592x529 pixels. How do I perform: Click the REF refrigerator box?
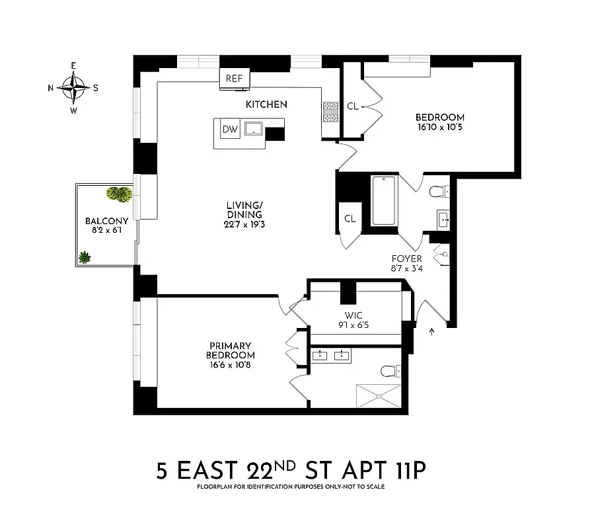click(233, 78)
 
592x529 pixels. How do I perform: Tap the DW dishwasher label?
click(229, 130)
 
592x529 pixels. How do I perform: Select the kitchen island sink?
click(253, 128)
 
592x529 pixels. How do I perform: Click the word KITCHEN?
click(266, 104)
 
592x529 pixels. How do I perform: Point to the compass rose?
click(73, 87)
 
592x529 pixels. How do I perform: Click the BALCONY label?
click(102, 222)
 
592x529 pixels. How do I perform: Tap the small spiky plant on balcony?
click(85, 257)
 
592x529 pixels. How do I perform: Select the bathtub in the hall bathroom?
click(383, 200)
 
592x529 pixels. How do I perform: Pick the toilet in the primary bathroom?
click(389, 370)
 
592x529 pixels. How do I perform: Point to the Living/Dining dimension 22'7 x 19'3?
click(242, 224)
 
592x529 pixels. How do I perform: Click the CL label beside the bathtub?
click(350, 219)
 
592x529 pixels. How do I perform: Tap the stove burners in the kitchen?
click(330, 112)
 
